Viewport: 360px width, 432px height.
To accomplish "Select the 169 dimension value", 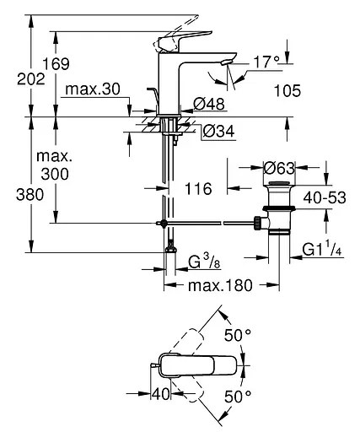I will coord(73,64).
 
